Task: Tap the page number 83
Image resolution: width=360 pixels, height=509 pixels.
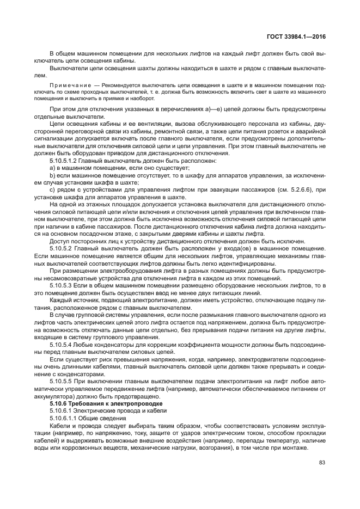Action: click(322, 463)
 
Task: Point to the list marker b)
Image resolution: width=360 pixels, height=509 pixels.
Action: click(52, 175)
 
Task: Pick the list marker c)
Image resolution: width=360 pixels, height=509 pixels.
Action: click(52, 190)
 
